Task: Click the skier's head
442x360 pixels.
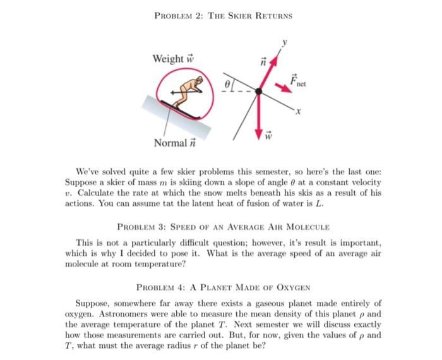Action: click(198, 81)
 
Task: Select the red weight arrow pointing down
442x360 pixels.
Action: click(260, 117)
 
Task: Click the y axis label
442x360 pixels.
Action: click(285, 44)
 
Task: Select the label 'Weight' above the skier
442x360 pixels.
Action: click(168, 59)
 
